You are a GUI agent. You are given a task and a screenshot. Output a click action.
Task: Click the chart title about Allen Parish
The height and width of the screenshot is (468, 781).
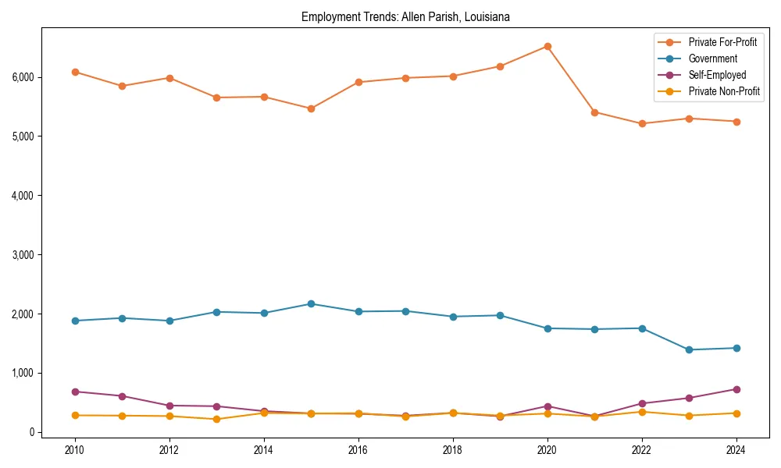[x=405, y=17]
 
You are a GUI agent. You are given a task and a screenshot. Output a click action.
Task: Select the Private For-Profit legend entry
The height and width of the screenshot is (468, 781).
[x=722, y=42]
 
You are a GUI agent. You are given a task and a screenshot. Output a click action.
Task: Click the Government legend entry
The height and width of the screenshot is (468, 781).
[x=712, y=58]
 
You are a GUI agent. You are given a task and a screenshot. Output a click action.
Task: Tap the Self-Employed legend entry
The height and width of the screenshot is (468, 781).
[x=717, y=75]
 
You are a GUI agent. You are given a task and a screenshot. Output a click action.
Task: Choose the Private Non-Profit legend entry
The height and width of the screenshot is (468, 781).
[x=724, y=91]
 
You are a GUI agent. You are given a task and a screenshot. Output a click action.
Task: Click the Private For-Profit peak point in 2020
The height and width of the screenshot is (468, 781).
[x=547, y=46]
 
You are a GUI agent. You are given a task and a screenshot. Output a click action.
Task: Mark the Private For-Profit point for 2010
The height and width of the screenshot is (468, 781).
[x=75, y=72]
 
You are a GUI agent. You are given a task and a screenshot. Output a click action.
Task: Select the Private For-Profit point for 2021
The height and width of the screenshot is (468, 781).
[x=594, y=112]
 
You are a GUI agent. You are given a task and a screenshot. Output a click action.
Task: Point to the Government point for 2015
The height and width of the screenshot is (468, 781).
[x=311, y=303]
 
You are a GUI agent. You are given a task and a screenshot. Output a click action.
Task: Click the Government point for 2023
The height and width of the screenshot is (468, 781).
[x=689, y=349]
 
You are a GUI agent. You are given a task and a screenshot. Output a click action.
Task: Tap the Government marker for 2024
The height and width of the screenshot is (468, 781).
[x=736, y=348]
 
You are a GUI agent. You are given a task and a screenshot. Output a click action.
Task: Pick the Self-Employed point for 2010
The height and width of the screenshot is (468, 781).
[x=75, y=392]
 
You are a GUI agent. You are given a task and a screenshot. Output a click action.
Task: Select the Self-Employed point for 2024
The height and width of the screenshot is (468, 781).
[x=736, y=389]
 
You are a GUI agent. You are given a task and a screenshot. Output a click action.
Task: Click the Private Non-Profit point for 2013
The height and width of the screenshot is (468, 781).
[x=216, y=420]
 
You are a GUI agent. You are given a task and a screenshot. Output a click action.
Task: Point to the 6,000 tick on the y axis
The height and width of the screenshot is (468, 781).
[x=23, y=77]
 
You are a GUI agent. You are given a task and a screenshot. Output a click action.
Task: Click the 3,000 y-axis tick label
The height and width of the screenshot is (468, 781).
[x=23, y=255]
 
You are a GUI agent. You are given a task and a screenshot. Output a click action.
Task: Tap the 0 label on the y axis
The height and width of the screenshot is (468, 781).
[x=31, y=432]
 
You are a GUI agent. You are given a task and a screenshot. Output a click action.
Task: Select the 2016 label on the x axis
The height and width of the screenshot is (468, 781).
[x=358, y=450]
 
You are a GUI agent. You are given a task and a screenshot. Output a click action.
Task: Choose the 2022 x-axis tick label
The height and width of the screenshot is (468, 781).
[x=642, y=450]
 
